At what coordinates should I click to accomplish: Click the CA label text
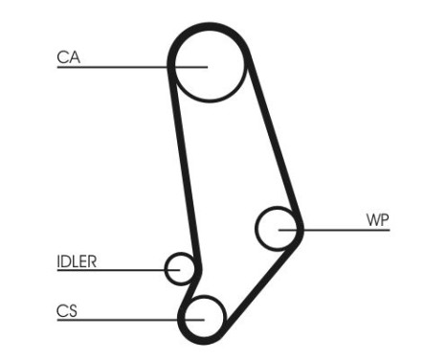tap(68, 57)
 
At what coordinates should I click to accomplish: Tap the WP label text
tap(377, 220)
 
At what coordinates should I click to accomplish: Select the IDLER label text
tap(77, 260)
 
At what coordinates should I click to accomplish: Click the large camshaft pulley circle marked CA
tap(208, 65)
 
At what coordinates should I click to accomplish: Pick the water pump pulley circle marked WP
tap(279, 228)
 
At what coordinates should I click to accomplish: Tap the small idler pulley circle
tap(180, 269)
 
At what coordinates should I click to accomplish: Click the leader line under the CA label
tap(115, 67)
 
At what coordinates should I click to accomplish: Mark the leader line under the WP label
tap(345, 230)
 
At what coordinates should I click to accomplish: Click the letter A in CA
tap(74, 57)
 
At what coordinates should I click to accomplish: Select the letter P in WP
tap(384, 220)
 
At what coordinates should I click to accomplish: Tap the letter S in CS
tap(73, 310)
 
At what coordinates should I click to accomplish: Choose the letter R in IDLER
tap(94, 260)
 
